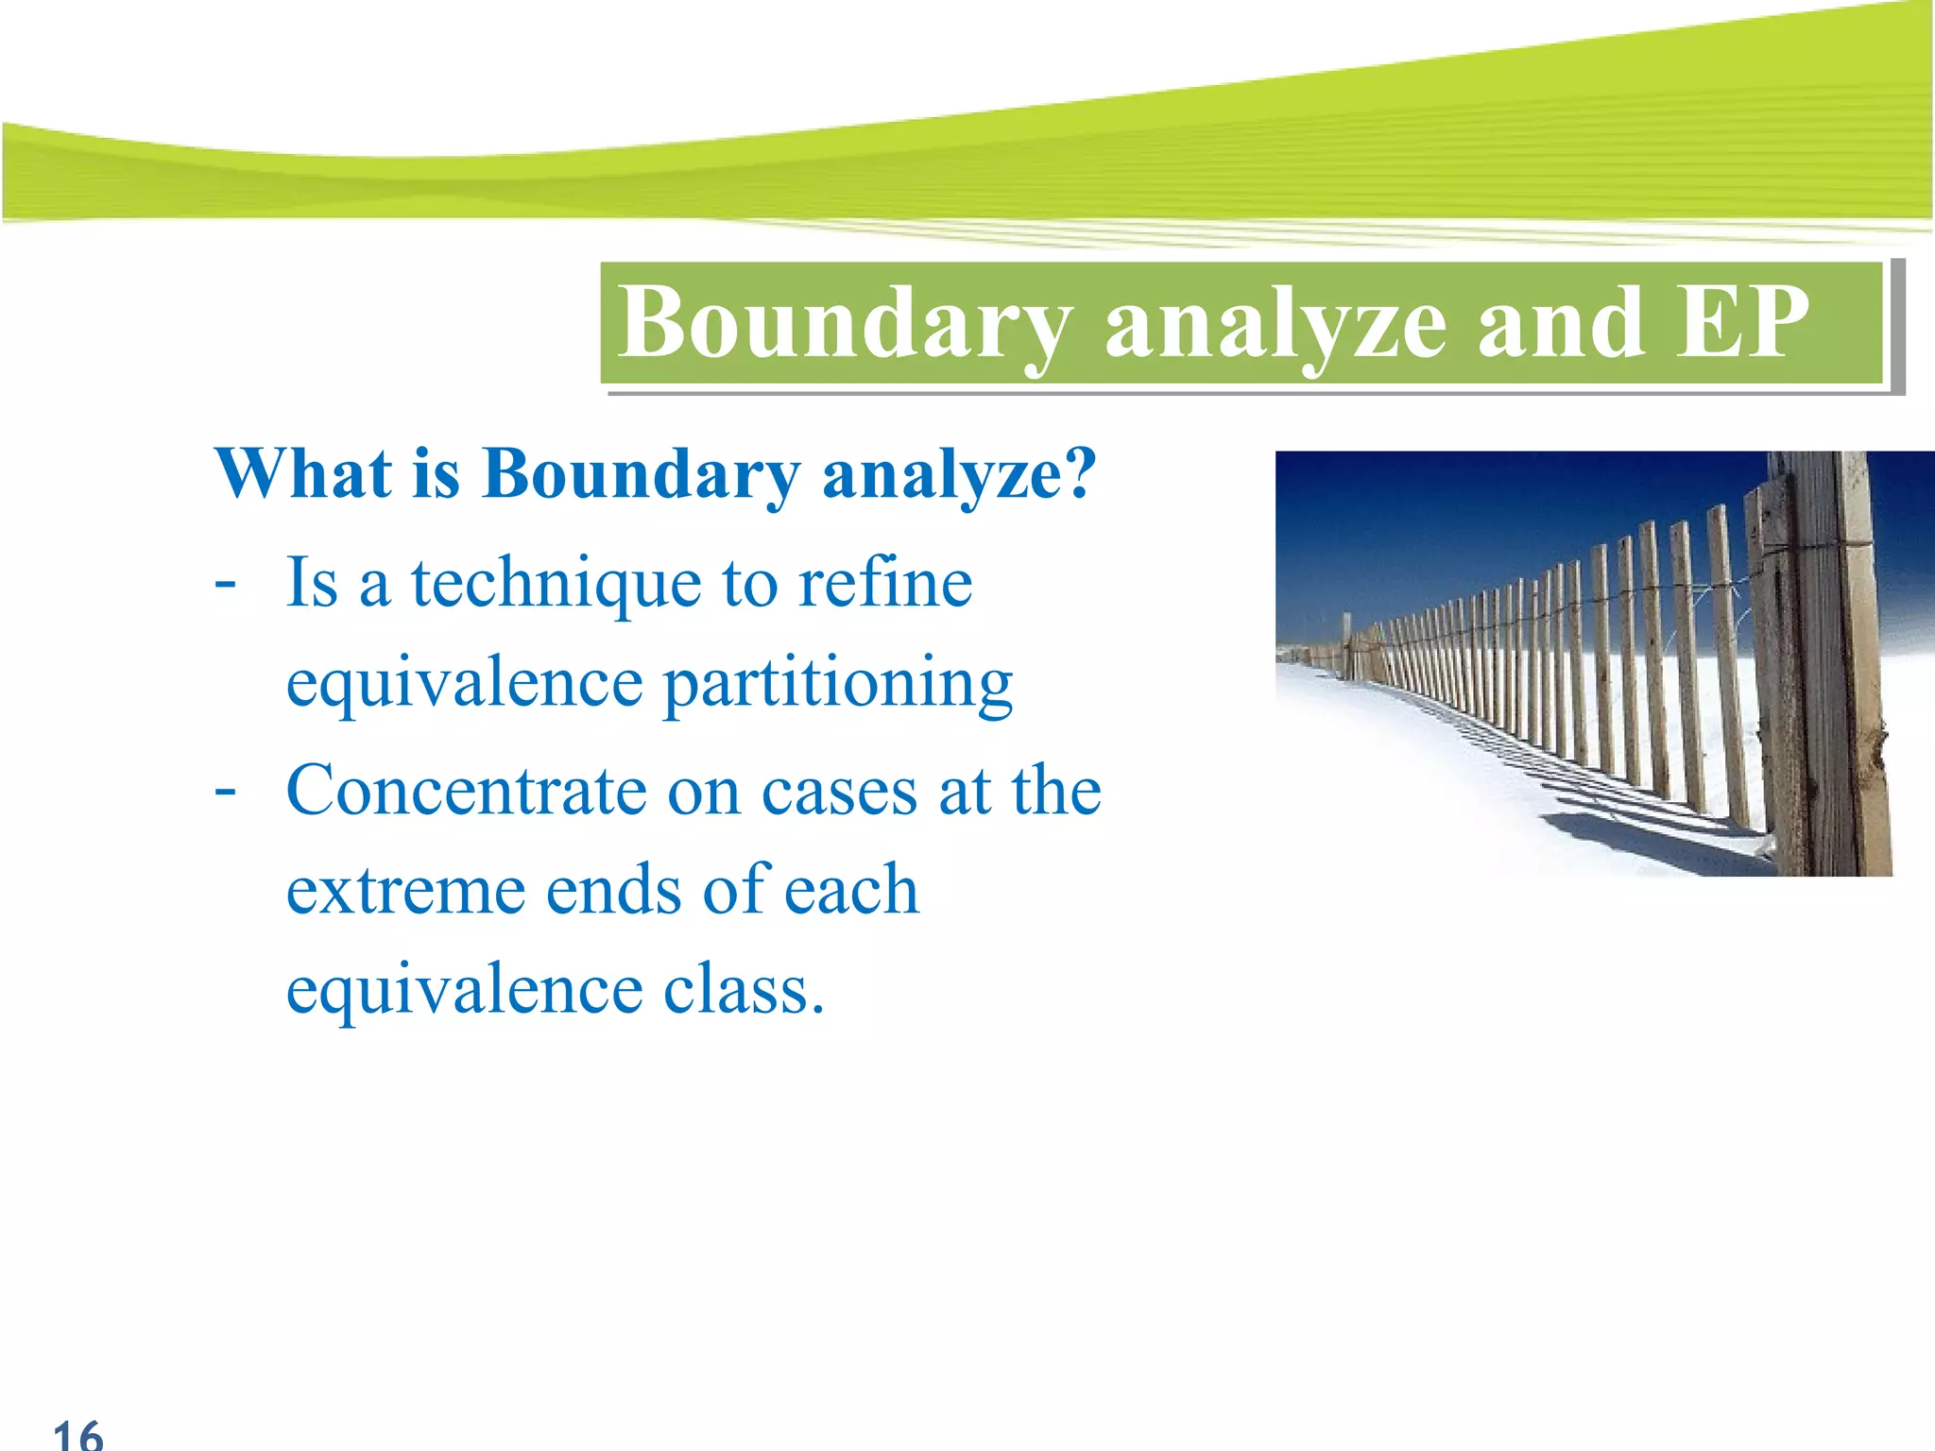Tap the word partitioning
[x=838, y=685]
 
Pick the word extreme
[x=405, y=891]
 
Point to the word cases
[x=839, y=792]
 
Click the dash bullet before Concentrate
[x=225, y=789]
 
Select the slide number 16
[x=77, y=1434]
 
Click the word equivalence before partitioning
[x=464, y=685]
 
